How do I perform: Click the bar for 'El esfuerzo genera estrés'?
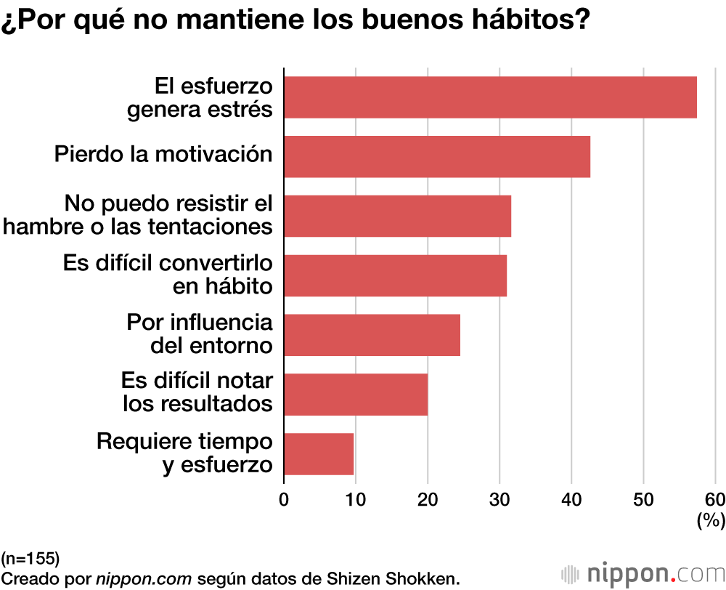(x=490, y=97)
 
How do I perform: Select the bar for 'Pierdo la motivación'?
(x=436, y=156)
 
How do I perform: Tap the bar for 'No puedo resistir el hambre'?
(x=397, y=216)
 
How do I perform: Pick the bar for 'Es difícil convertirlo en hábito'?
(x=395, y=275)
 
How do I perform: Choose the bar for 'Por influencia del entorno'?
(x=372, y=335)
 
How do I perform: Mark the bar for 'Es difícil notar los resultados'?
(x=356, y=395)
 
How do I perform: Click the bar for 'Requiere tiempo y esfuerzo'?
(x=319, y=454)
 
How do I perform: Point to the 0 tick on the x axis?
(x=284, y=499)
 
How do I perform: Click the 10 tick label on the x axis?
(x=355, y=499)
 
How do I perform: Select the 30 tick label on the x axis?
(x=499, y=499)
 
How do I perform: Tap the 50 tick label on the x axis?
(x=643, y=499)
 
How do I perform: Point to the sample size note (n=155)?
(x=30, y=559)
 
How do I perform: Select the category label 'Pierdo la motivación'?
(x=164, y=154)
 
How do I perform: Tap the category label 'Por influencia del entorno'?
(x=200, y=333)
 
